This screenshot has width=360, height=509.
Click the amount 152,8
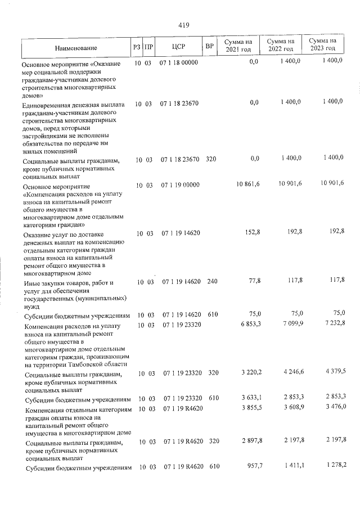(x=250, y=232)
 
